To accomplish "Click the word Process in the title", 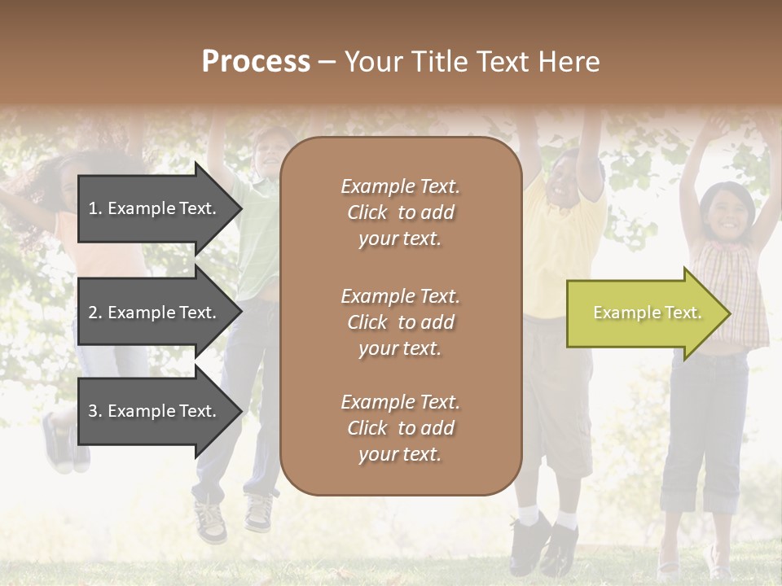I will [x=256, y=62].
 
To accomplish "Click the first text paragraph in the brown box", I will [x=400, y=212].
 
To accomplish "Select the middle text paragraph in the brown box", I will [x=400, y=322].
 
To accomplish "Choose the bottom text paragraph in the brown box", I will [x=400, y=428].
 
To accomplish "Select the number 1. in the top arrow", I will [x=95, y=208].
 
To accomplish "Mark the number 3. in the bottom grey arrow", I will [x=95, y=411].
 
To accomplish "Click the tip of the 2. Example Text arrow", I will [x=240, y=313].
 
